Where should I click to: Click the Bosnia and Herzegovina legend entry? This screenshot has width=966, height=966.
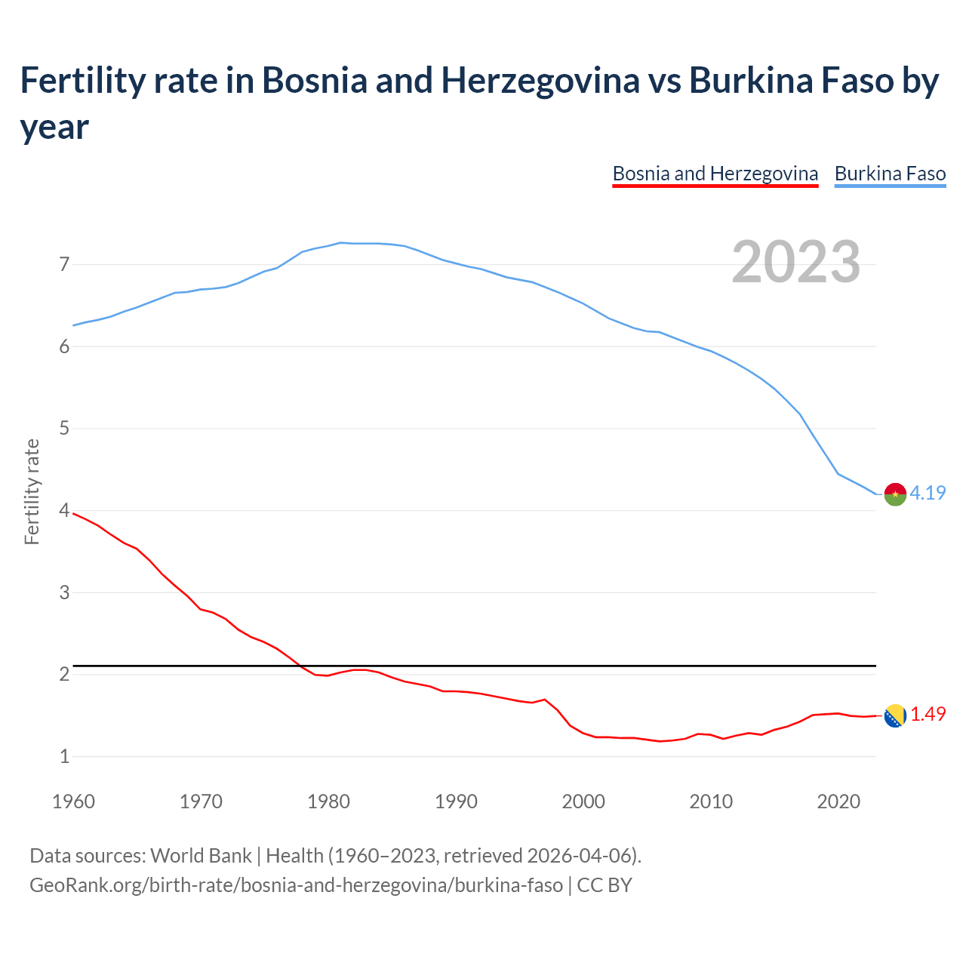(x=715, y=174)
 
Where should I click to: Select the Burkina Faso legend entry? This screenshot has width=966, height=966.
(x=890, y=174)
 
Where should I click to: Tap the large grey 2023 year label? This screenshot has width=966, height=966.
(x=796, y=262)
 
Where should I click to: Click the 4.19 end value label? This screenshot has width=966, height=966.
(x=928, y=493)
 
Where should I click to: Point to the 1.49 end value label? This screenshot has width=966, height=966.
(x=928, y=714)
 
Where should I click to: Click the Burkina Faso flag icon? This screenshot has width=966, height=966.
(x=895, y=494)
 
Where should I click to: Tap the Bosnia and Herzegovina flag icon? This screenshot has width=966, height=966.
(x=895, y=715)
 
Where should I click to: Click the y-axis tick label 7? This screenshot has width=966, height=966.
(x=64, y=265)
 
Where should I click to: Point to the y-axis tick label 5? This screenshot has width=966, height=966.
(x=64, y=429)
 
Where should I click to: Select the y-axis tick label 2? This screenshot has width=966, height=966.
(x=64, y=674)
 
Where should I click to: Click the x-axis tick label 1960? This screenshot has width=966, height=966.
(x=73, y=801)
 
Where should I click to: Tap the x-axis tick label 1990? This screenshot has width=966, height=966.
(x=456, y=801)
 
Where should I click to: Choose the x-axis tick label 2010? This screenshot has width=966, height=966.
(x=711, y=801)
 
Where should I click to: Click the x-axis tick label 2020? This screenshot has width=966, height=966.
(x=838, y=801)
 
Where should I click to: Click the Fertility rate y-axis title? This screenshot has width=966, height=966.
(x=32, y=491)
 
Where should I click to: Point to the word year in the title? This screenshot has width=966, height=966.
(x=54, y=128)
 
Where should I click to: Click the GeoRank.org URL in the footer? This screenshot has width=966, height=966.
(x=296, y=884)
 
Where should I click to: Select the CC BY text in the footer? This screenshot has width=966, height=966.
(x=605, y=884)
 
